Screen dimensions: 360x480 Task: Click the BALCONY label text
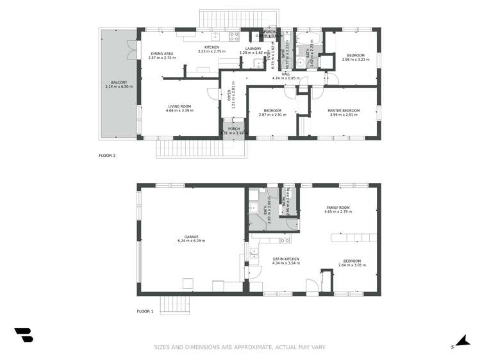click(x=119, y=81)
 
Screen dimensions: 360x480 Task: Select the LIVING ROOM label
click(x=180, y=106)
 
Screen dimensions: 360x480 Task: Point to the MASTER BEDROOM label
click(x=343, y=110)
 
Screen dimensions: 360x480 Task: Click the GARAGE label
click(x=190, y=236)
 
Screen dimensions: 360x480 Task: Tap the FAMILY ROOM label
click(x=338, y=208)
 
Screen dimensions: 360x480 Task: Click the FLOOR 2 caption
click(x=107, y=155)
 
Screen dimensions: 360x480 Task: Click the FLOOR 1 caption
click(x=145, y=311)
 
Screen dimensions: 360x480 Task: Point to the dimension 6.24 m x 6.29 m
click(x=190, y=241)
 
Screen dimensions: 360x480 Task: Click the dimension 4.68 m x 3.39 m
click(x=180, y=111)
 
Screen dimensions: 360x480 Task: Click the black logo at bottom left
click(x=23, y=335)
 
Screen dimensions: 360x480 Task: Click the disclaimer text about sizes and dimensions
click(x=240, y=347)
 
